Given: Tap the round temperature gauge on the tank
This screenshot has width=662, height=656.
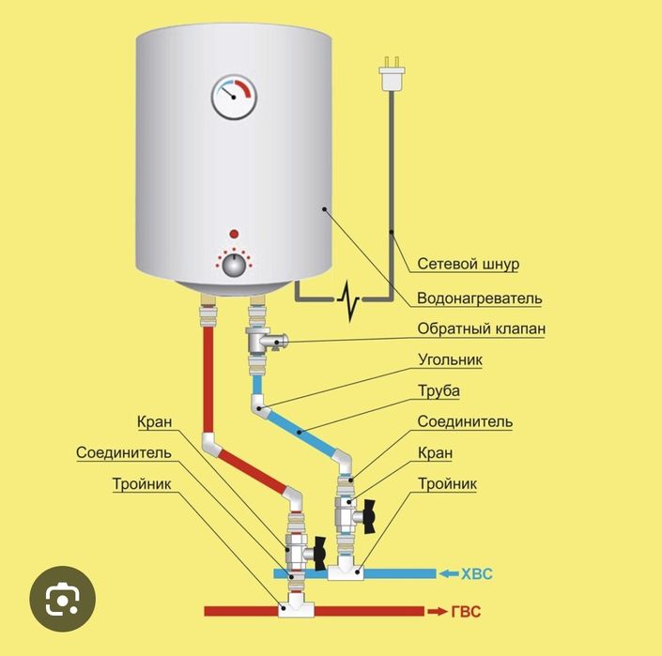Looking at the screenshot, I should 234,97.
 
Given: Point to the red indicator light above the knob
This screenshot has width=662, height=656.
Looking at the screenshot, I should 234,233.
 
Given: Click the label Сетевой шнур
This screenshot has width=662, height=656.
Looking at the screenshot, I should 468,265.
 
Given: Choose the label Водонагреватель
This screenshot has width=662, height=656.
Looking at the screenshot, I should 480,297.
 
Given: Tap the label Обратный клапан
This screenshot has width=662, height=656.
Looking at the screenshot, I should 481,329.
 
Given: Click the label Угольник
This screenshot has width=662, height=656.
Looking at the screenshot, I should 451,359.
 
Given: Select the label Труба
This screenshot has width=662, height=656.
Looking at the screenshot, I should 439,390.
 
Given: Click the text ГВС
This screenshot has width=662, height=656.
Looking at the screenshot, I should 466,611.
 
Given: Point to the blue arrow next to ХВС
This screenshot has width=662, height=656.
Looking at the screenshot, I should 445,572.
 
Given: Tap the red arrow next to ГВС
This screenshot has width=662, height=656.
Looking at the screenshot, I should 438,611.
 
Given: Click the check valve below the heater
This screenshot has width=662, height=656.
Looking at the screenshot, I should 265,340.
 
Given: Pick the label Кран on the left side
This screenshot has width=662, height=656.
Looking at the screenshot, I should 153,421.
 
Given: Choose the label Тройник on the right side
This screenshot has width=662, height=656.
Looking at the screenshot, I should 446,483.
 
